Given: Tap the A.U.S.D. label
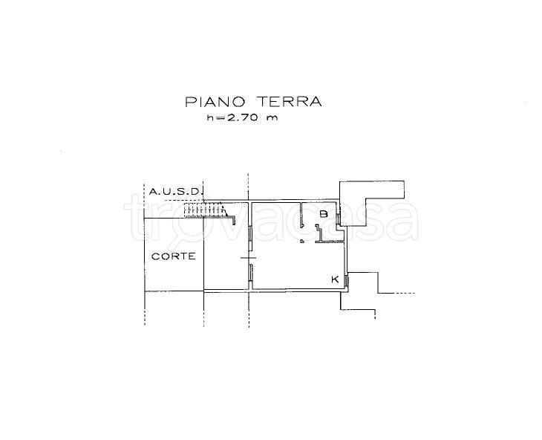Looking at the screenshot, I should tap(175, 192).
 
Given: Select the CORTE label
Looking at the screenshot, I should tap(173, 256).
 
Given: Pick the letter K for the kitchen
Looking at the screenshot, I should tap(335, 279).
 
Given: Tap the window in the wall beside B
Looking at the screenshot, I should tap(339, 217).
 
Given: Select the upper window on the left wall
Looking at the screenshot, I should tap(251, 238).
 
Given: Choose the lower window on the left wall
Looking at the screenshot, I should tap(251, 275).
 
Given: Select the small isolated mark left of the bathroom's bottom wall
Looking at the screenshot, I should tap(301, 241).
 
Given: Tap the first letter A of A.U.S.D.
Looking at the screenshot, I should tap(152, 192).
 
